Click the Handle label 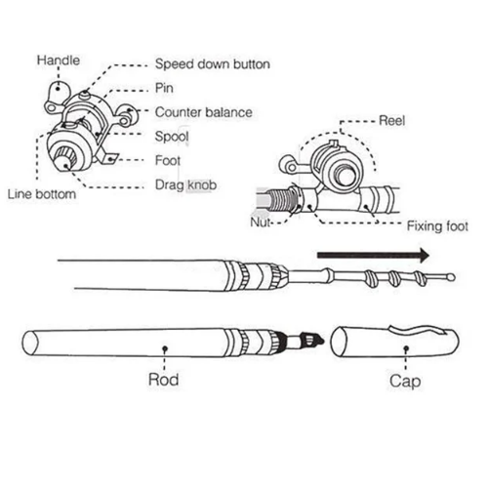coord(59,61)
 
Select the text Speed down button coord(213,64)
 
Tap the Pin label coord(164,88)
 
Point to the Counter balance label coord(204,112)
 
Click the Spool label coord(172,137)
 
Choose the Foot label coord(168,160)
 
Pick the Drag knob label coord(185,185)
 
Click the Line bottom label coord(42,194)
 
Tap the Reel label coord(392,121)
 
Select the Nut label coord(260,223)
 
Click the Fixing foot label coord(437,226)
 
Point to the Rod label coord(163,380)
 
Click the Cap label coord(405,381)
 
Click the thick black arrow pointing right coord(374,255)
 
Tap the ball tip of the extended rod coord(451,277)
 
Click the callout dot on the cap coord(406,348)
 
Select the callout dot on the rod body coord(165,348)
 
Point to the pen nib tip coord(322,341)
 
